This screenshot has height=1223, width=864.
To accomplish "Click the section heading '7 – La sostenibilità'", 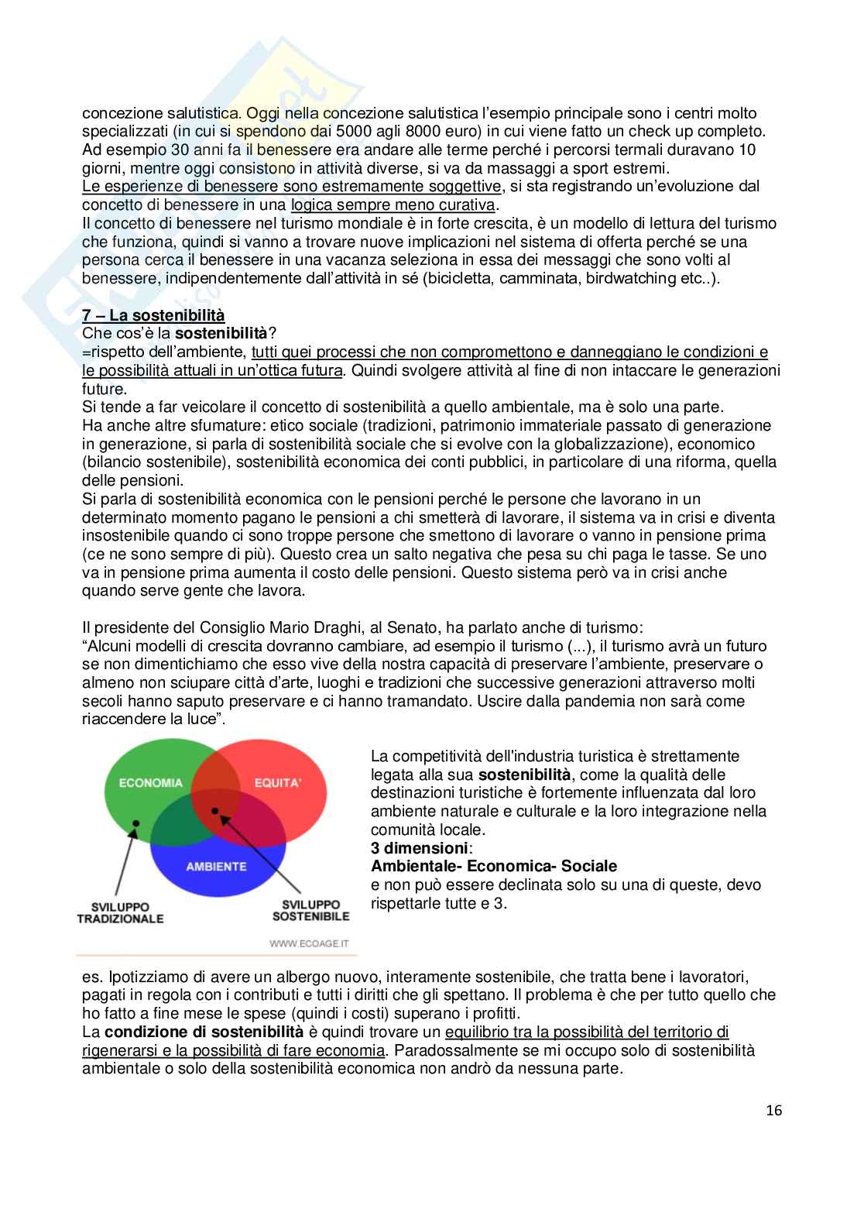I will coord(153,315).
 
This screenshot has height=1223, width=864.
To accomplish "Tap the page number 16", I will coord(774,1111).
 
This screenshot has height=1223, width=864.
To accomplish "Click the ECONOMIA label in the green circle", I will coord(151,783).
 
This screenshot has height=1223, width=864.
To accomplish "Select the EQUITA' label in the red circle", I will coord(278,783).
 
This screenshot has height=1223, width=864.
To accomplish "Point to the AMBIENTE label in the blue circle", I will coord(216,867).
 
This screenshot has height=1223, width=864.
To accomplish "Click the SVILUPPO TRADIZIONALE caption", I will coord(120,912).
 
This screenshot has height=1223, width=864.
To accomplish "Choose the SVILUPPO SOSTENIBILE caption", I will coord(310,910).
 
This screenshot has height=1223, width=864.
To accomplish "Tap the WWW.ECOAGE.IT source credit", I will coord(309,943).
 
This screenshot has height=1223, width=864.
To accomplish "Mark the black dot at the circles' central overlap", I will coord(216,811).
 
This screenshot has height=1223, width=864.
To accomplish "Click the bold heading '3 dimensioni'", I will coord(420,848).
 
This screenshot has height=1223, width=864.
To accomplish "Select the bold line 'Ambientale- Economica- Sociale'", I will coord(494,866).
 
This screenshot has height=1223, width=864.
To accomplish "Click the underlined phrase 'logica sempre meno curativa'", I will coord(393,204).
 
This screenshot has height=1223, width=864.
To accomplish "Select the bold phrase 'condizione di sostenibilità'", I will coord(204,1032).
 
